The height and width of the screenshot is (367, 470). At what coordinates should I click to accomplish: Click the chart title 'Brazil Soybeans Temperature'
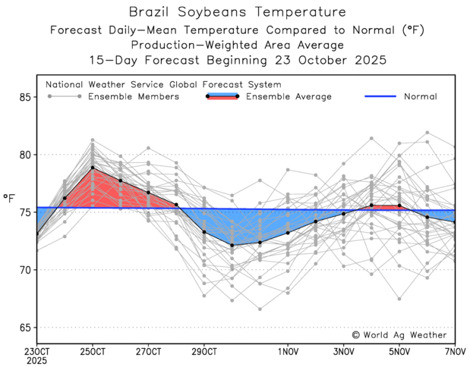click(237, 12)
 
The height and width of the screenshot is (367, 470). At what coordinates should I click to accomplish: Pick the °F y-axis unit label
click(9, 198)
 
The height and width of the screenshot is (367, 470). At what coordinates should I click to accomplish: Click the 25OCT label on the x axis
click(93, 351)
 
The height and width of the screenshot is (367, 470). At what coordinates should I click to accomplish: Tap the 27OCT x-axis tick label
click(149, 351)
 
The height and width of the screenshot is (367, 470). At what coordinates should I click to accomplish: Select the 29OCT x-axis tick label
click(204, 351)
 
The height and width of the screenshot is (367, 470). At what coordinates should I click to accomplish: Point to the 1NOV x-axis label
click(288, 351)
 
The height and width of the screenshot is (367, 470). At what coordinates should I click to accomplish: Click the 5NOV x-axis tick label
click(399, 351)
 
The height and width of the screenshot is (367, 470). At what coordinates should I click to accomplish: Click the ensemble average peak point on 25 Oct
click(93, 168)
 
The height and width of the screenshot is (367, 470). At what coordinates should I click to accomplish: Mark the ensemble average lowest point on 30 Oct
click(232, 245)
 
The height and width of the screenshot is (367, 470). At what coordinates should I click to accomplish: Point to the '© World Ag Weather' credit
click(400, 334)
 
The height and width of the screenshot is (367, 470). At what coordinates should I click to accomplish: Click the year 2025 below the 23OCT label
click(36, 360)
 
